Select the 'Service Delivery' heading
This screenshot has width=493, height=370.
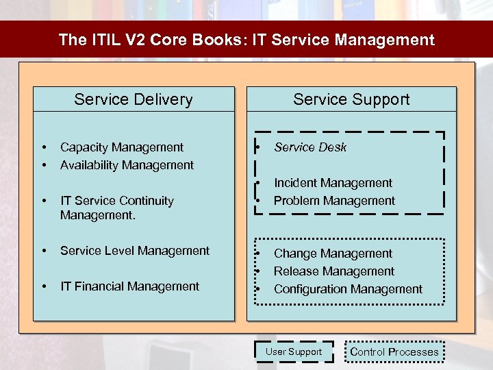pyautogui.click(x=134, y=99)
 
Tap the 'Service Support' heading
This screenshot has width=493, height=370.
pyautogui.click(x=351, y=99)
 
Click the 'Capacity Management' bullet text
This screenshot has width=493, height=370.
pyautogui.click(x=122, y=147)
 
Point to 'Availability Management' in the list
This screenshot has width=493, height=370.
pyautogui.click(x=127, y=165)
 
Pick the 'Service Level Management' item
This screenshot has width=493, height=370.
pyautogui.click(x=135, y=251)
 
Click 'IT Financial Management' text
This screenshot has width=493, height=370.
pyautogui.click(x=129, y=286)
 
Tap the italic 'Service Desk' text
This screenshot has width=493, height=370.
pyautogui.click(x=310, y=147)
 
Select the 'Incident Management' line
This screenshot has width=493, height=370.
pyautogui.click(x=333, y=183)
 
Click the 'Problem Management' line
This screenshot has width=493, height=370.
pyautogui.click(x=334, y=201)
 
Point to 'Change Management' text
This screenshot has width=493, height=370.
pyautogui.click(x=333, y=254)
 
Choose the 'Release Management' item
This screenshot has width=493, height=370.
pyautogui.click(x=334, y=271)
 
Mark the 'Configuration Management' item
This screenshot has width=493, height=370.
pyautogui.click(x=348, y=289)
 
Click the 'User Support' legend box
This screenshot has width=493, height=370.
pyautogui.click(x=294, y=351)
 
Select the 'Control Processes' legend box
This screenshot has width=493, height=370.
pyautogui.click(x=394, y=352)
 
